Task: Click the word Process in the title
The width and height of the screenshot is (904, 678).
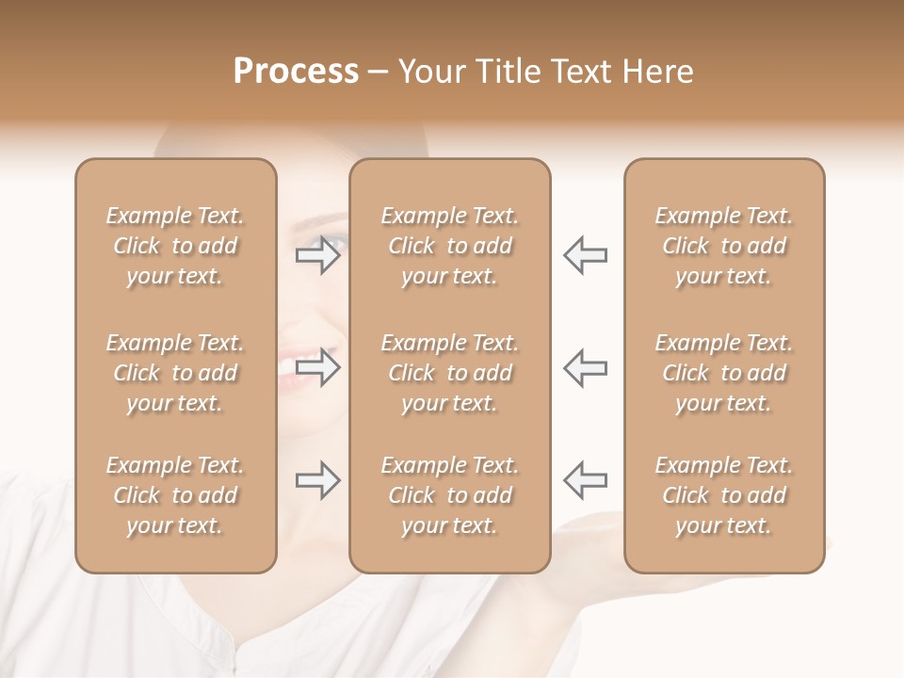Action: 296,72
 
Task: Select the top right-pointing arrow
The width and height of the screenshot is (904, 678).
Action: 318,254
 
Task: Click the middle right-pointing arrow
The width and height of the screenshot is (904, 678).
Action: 318,367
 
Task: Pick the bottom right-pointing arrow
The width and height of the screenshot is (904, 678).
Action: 318,480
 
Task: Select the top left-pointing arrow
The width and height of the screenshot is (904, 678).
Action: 585,254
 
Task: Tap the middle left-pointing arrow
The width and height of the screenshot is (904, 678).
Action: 585,367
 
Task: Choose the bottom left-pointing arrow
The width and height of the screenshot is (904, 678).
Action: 585,480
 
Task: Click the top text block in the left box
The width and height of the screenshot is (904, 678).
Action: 175,246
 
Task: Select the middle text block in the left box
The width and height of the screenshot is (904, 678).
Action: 175,373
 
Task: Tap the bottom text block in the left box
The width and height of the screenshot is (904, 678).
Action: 175,495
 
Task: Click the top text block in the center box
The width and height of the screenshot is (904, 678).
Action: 449,246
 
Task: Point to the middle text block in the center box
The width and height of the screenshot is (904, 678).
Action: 449,373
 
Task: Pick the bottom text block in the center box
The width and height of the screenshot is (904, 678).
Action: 449,495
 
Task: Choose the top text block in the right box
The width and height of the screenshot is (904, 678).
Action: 724,246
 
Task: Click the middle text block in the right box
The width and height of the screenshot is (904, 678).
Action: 724,373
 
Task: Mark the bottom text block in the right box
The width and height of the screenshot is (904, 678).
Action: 724,495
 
